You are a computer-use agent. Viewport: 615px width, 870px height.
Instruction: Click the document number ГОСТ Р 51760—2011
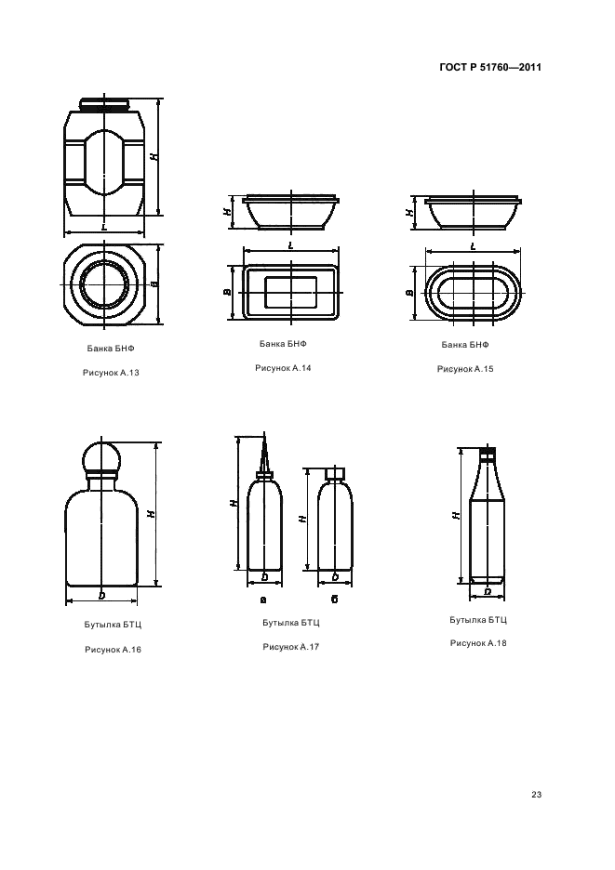[x=490, y=67]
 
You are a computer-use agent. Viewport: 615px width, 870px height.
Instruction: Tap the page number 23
[x=536, y=795]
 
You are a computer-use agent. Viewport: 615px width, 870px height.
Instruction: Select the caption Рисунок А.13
[x=111, y=373]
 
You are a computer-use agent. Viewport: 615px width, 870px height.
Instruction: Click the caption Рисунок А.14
[x=283, y=368]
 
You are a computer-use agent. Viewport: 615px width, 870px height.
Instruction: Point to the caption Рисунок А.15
[x=465, y=369]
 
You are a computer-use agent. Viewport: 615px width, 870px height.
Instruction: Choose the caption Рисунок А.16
[x=113, y=649]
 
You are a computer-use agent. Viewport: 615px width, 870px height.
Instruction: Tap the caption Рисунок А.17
[x=290, y=646]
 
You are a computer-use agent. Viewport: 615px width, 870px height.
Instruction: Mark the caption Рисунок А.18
[x=478, y=643]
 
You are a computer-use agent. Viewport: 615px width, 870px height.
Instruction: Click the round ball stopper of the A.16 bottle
[x=101, y=457]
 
